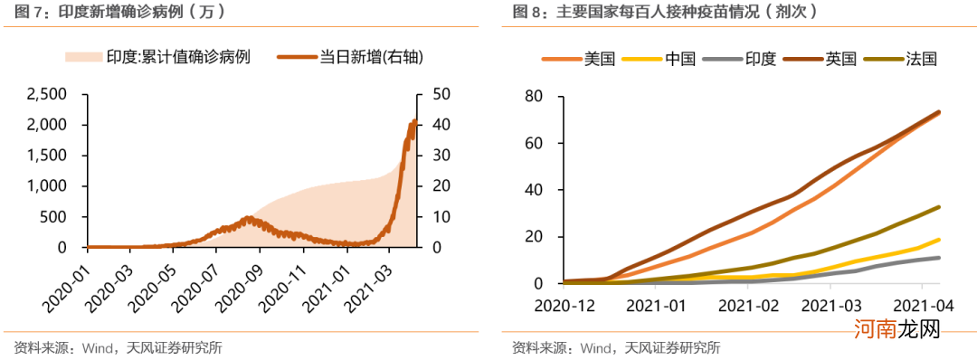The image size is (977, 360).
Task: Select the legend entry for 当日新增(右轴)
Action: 358,58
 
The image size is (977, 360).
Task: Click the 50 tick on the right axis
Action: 442,94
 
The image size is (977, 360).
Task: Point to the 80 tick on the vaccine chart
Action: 531,96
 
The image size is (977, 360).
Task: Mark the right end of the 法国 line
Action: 939,207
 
